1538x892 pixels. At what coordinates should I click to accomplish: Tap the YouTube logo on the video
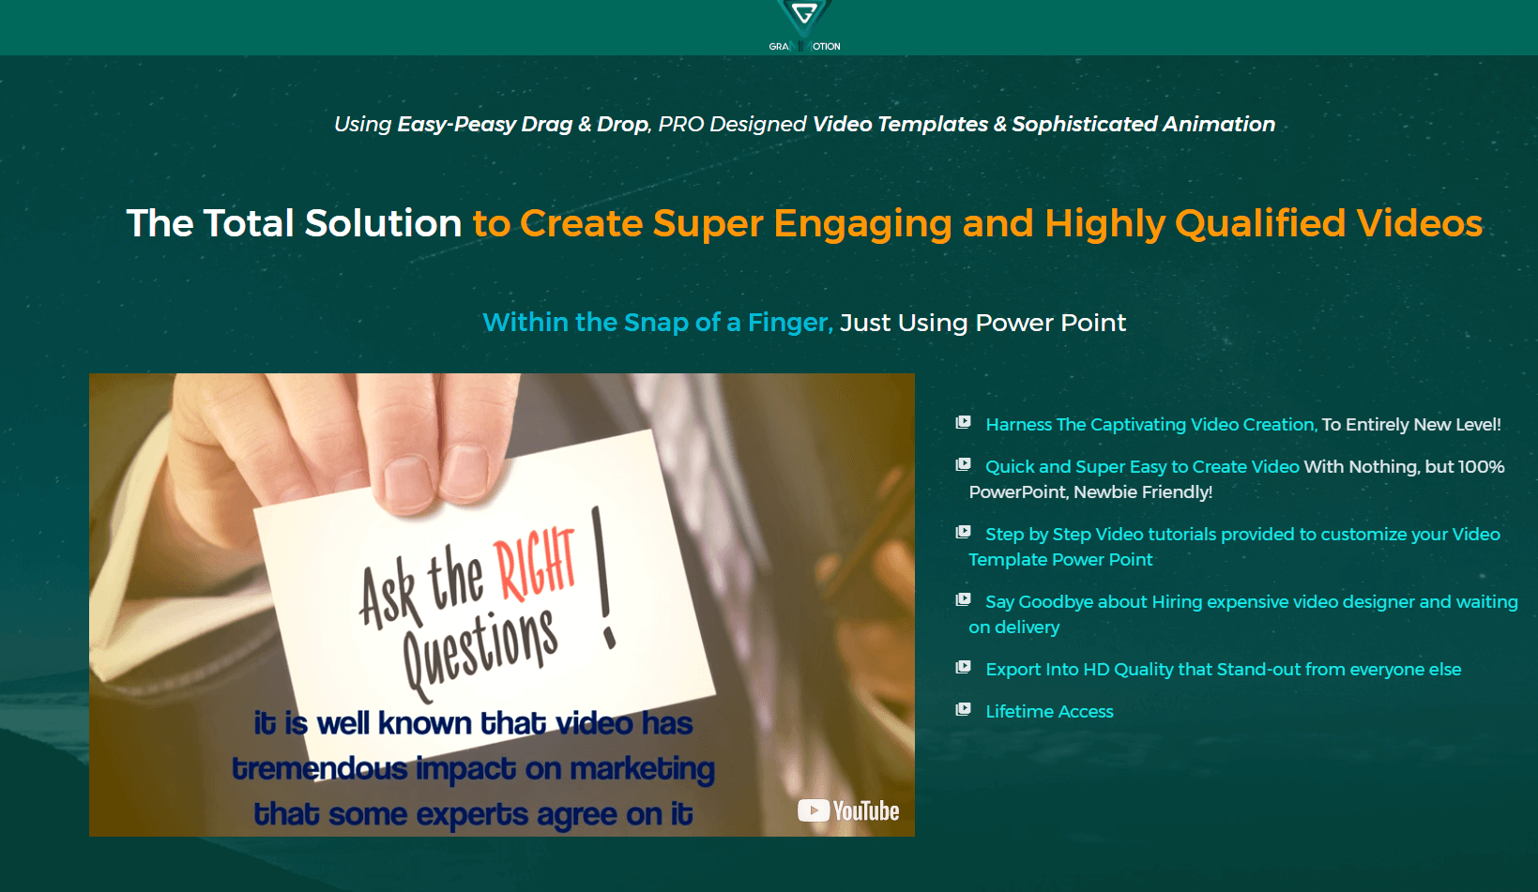(x=848, y=810)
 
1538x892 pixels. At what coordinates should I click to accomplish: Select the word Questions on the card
(x=480, y=651)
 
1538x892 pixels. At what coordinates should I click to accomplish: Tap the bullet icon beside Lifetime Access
(x=964, y=709)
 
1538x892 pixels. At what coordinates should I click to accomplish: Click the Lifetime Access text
(x=1049, y=712)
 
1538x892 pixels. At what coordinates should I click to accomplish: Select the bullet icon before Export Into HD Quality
(x=964, y=667)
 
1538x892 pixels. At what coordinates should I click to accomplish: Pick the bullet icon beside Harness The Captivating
(x=964, y=422)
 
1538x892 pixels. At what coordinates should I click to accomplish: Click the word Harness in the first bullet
(x=1019, y=425)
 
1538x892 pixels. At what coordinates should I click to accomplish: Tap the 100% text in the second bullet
(x=1481, y=466)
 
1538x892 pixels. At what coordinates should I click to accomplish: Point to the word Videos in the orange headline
(x=1419, y=223)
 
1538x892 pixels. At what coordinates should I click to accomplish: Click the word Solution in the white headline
(x=383, y=223)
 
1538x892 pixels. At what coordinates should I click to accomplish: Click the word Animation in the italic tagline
(x=1219, y=124)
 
